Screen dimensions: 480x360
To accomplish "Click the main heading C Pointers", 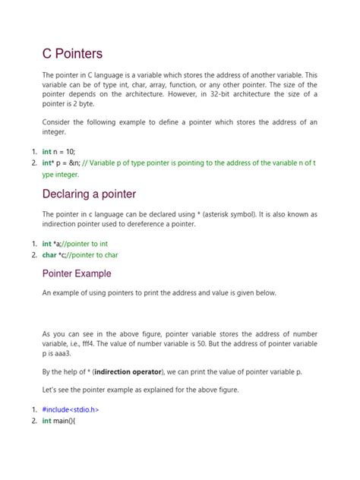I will click(72, 54).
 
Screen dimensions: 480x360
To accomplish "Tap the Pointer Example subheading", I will click(76, 273).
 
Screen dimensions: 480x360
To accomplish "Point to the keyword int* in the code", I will click(50, 163).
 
